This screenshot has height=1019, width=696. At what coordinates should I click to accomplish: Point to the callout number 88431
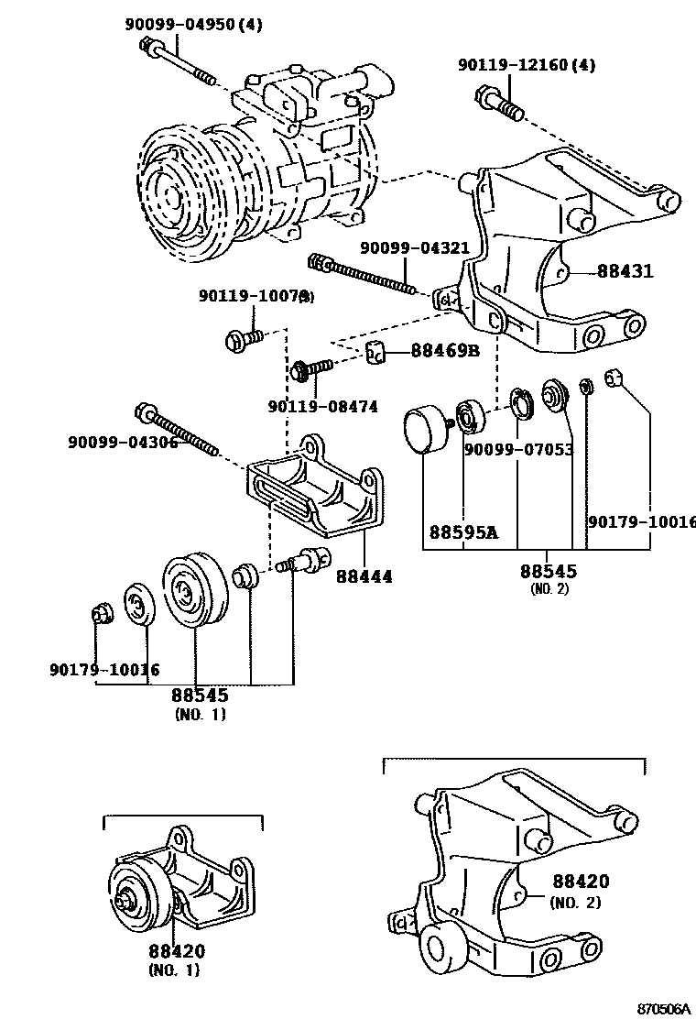point(625,271)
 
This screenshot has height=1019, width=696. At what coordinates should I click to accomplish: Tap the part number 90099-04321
point(414,248)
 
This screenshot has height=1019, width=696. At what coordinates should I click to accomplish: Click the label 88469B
point(445,350)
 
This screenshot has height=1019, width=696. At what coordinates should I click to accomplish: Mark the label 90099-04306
point(122,443)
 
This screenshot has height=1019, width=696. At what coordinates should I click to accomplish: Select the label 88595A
point(463,531)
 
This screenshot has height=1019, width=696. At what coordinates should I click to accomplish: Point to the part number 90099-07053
point(518,449)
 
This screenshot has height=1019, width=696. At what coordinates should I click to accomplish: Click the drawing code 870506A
point(664,1008)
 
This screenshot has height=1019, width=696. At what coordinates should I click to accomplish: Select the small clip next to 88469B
point(376,350)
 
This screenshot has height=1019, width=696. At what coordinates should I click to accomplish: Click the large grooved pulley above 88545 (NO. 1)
point(193,591)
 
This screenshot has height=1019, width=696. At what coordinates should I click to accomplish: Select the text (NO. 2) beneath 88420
point(575,903)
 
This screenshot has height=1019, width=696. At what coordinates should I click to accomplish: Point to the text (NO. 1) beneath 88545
point(200,714)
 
